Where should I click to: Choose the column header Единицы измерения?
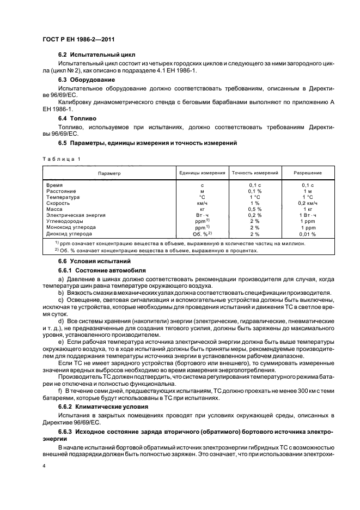click(202, 173)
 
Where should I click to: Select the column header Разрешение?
click(308, 173)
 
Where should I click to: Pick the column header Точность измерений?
click(255, 173)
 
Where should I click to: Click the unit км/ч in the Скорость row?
click(202, 203)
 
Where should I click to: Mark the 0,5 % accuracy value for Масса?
click(255, 209)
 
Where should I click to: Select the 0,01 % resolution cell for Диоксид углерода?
click(308, 233)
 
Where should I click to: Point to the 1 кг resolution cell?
click(308, 209)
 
